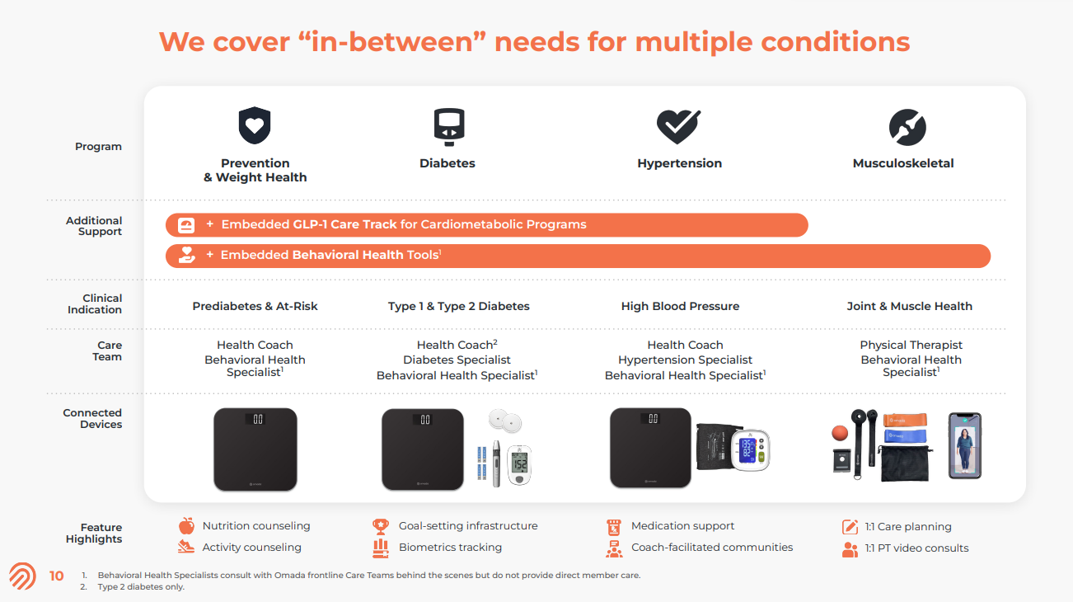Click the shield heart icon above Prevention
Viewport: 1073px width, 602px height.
pyautogui.click(x=255, y=125)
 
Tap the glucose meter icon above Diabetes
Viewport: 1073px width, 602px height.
pyautogui.click(x=449, y=127)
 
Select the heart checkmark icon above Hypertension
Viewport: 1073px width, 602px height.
pyautogui.click(x=678, y=126)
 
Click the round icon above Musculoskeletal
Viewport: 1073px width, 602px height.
pyautogui.click(x=907, y=127)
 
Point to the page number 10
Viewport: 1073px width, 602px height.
pyautogui.click(x=56, y=576)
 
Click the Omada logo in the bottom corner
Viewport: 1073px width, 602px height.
pyautogui.click(x=22, y=576)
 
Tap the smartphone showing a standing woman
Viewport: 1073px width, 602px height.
pyautogui.click(x=965, y=445)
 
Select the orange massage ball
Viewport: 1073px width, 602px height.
pyautogui.click(x=840, y=433)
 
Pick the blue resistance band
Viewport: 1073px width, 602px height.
pyautogui.click(x=904, y=436)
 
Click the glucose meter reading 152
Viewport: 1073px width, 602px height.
pyautogui.click(x=519, y=465)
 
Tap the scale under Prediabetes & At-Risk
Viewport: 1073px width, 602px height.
pyautogui.click(x=255, y=449)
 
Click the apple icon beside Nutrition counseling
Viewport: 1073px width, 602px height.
pyautogui.click(x=186, y=526)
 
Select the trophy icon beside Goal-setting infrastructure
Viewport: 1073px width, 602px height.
pyautogui.click(x=381, y=527)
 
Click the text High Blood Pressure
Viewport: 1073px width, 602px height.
pyautogui.click(x=680, y=306)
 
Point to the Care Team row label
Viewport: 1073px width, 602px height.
pyautogui.click(x=107, y=350)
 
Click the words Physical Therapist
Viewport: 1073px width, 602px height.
pyautogui.click(x=911, y=345)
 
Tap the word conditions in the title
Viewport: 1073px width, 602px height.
pyautogui.click(x=836, y=42)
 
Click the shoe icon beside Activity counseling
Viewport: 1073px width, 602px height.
pyautogui.click(x=186, y=547)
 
